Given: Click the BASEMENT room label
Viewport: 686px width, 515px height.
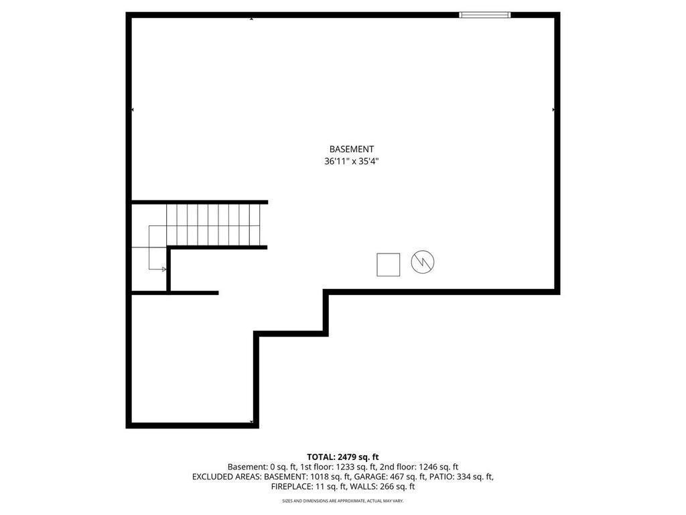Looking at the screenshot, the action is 351,150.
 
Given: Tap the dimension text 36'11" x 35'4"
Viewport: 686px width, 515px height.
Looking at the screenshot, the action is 351,161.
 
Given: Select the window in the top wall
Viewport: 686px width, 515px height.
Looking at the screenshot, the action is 485,15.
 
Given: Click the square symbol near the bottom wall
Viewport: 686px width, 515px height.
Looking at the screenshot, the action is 388,264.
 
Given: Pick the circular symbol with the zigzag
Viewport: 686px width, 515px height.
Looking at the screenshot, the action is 423,262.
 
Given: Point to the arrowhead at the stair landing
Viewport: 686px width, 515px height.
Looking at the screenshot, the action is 164,269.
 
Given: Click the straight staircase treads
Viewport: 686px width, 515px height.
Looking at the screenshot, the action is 213,225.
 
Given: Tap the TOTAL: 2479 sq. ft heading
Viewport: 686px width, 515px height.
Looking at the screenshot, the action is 342,457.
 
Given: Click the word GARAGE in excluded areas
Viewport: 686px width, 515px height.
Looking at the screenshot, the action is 369,477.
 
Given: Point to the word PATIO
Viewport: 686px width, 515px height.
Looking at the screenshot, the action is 441,477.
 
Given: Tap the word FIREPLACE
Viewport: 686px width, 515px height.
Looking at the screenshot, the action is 291,486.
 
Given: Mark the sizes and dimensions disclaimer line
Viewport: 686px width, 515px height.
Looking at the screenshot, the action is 342,500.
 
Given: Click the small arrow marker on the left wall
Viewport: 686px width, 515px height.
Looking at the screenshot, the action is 133,109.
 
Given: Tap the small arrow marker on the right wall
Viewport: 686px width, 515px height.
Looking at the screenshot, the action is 553,109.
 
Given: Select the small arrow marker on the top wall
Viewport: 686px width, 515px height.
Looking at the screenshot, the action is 251,19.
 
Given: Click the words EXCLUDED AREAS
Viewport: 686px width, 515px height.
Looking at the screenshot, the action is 226,477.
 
